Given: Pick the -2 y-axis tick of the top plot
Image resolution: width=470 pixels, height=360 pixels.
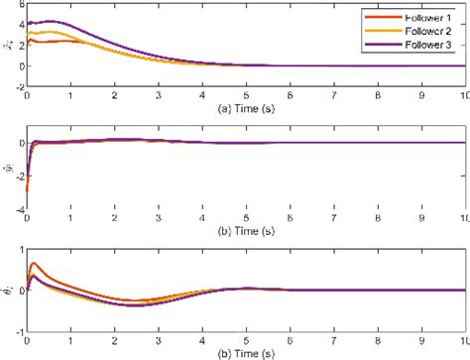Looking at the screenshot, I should coord(16,87).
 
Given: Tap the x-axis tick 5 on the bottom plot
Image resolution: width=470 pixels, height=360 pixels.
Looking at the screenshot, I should coord(244,339).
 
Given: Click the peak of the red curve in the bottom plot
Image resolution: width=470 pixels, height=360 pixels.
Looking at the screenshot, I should coord(35,264).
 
